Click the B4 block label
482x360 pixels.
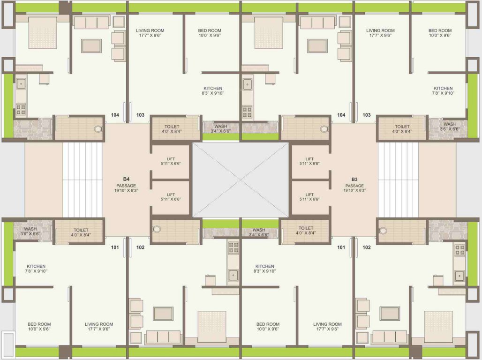(126, 179)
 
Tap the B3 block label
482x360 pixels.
(354, 179)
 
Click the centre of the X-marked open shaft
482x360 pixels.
(241, 180)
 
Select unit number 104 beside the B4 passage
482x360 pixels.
(115, 115)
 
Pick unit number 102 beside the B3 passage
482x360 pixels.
(367, 247)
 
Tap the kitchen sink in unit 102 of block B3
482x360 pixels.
(459, 275)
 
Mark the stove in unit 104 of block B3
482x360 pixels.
(247, 112)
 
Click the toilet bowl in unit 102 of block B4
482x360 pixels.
(157, 229)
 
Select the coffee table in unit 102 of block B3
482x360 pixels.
(390, 313)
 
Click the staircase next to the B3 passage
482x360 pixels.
(398, 180)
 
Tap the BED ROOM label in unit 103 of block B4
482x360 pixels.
(210, 31)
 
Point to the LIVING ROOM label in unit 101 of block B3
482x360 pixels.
(327, 324)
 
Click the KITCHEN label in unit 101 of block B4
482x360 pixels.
(36, 266)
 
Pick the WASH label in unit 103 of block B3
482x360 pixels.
(450, 124)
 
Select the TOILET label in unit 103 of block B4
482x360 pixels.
(172, 127)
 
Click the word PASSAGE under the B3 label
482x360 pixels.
(354, 185)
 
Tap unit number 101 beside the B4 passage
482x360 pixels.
(115, 247)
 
